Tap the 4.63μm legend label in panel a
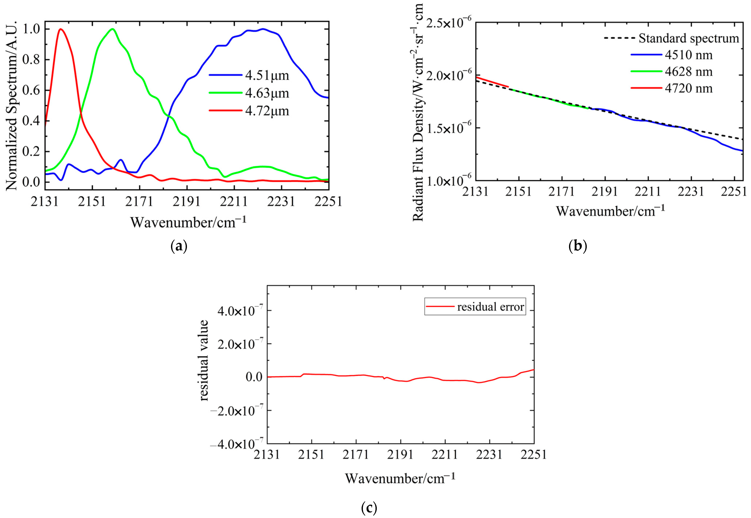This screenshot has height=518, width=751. point(266,93)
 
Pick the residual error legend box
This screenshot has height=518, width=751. point(475,307)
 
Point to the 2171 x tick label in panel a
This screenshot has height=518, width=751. point(140,201)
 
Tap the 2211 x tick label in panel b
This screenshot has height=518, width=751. point(648,191)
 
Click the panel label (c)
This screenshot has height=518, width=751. point(369,508)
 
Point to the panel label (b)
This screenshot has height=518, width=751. point(578,247)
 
